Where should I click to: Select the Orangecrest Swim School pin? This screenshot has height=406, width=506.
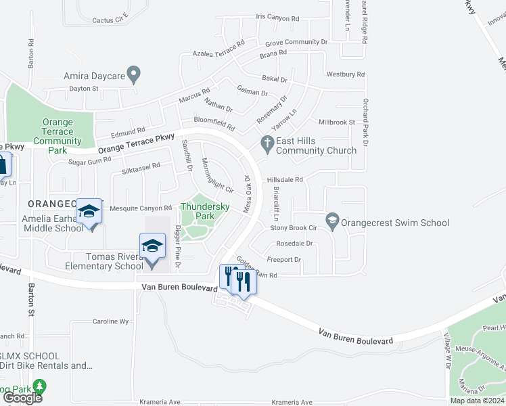pos(332,220)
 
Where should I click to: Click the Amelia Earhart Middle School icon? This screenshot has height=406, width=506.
pos(89,212)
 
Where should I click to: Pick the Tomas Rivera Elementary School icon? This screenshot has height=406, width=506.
pos(153,246)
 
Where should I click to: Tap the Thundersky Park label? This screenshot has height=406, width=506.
pos(204,212)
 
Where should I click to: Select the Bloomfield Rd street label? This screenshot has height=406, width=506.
pos(214,123)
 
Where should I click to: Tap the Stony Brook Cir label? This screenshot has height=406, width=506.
pos(294,228)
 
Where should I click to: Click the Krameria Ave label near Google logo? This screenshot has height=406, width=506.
pos(160,401)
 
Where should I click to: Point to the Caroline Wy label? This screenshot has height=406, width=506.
pos(110,322)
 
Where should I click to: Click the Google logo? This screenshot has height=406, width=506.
pos(22,397)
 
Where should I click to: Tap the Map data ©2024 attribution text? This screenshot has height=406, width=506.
pos(477,401)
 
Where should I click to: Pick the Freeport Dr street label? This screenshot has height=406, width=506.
pos(283,259)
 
